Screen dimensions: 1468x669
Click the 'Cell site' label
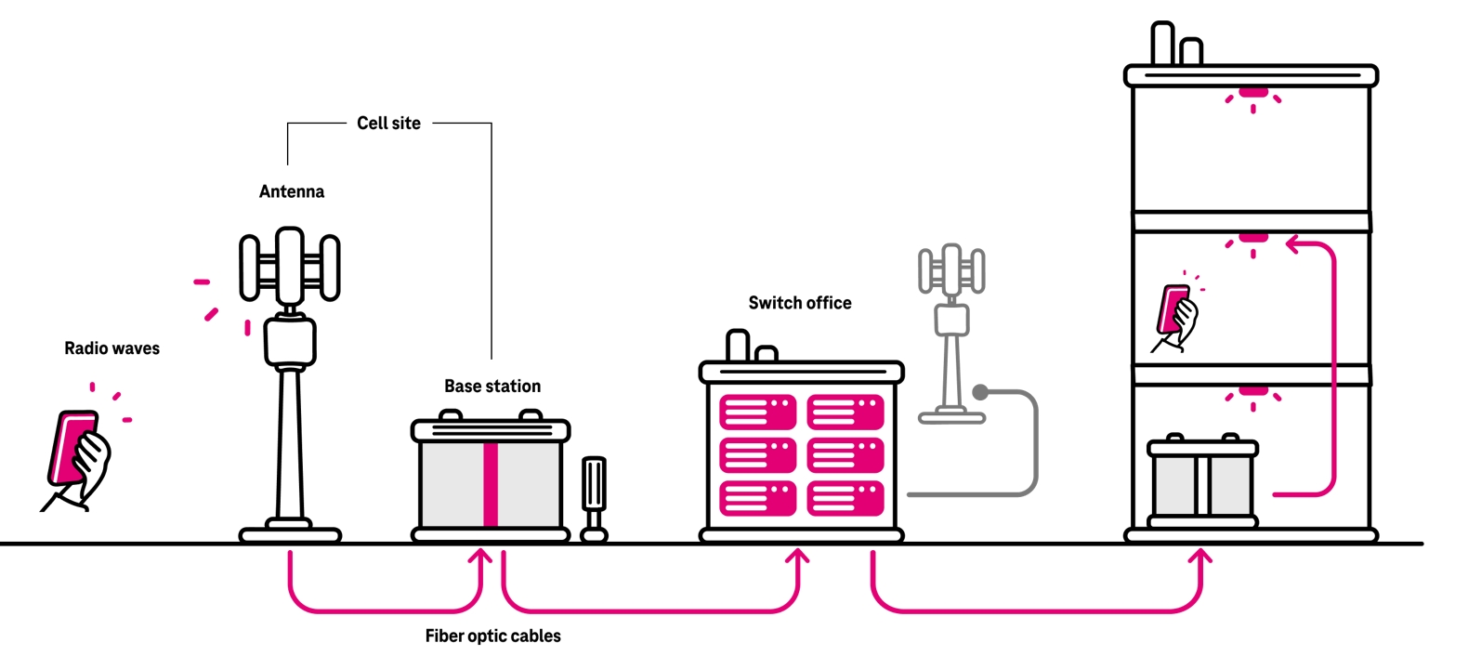pyautogui.click(x=388, y=123)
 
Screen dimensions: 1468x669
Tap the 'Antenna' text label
pyautogui.click(x=291, y=191)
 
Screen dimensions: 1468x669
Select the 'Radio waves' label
pyautogui.click(x=111, y=348)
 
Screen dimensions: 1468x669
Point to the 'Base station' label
pyautogui.click(x=492, y=386)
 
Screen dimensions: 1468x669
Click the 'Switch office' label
pyautogui.click(x=799, y=303)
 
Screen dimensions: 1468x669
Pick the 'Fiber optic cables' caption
pyautogui.click(x=492, y=636)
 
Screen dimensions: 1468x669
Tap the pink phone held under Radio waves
pyautogui.click(x=72, y=449)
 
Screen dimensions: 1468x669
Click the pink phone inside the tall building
pyautogui.click(x=1173, y=309)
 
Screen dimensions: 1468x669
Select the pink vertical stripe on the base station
pyautogui.click(x=490, y=484)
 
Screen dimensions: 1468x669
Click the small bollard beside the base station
pyautogui.click(x=594, y=498)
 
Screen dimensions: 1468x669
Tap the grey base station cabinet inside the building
pyautogui.click(x=1202, y=484)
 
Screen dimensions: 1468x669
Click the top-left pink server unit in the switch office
pyautogui.click(x=757, y=413)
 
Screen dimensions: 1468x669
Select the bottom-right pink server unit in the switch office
pyautogui.click(x=845, y=498)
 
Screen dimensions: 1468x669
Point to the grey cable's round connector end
pyautogui.click(x=980, y=392)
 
